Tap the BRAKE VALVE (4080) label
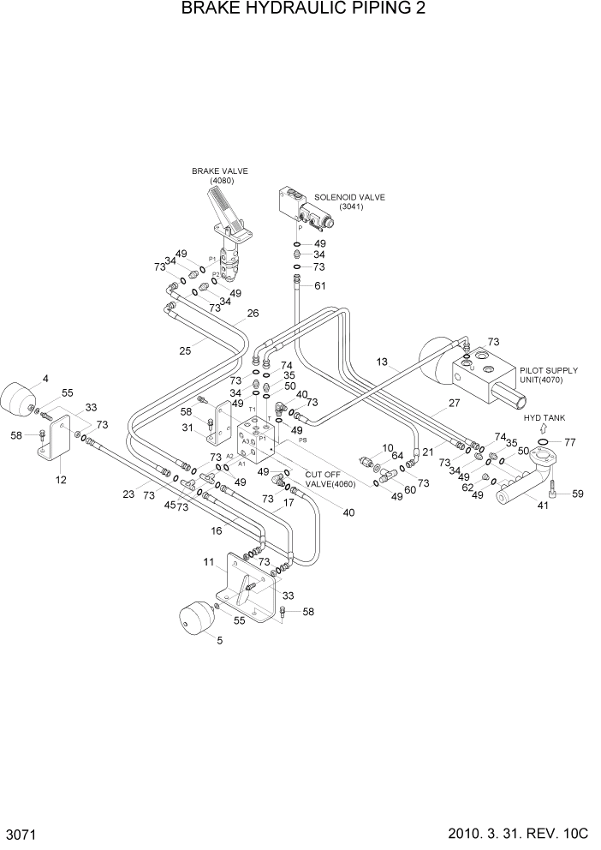(x=220, y=176)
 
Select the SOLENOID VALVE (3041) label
(x=349, y=202)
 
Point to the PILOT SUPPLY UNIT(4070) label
(x=548, y=375)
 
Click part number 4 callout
(x=45, y=379)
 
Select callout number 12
(x=61, y=480)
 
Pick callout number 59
(x=577, y=493)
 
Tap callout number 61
(x=319, y=285)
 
